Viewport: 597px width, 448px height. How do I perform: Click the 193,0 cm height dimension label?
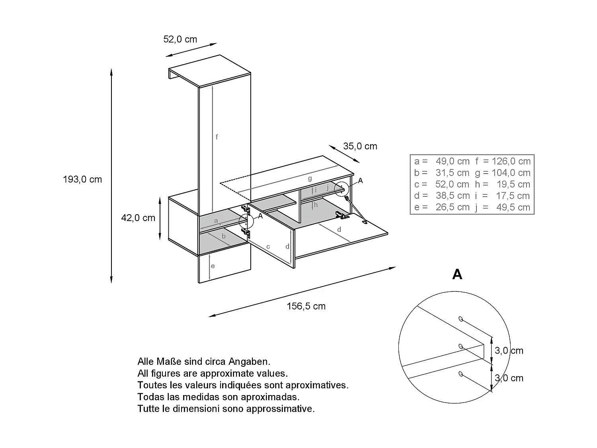pyautogui.click(x=82, y=180)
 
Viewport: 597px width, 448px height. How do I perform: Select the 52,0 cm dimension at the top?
pyautogui.click(x=180, y=39)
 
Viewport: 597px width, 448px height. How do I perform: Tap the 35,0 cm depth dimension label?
pyautogui.click(x=360, y=146)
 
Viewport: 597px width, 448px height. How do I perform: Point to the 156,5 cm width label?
pyautogui.click(x=306, y=306)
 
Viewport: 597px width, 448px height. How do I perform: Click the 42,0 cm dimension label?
pyautogui.click(x=138, y=218)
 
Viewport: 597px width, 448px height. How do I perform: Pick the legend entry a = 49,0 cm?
pyautogui.click(x=442, y=161)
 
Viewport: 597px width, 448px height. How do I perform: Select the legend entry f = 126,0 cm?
pyautogui.click(x=503, y=161)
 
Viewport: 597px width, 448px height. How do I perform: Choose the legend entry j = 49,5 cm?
pyautogui.click(x=503, y=207)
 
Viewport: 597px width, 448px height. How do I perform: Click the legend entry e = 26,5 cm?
pyautogui.click(x=442, y=207)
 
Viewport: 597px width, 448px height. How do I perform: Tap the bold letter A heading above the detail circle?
pyautogui.click(x=457, y=274)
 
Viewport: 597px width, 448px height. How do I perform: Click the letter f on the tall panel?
pyautogui.click(x=217, y=137)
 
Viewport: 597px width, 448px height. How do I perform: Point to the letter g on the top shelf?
pyautogui.click(x=310, y=178)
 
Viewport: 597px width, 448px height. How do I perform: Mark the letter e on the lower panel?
pyautogui.click(x=213, y=266)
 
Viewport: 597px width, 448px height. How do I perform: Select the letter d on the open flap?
pyautogui.click(x=339, y=229)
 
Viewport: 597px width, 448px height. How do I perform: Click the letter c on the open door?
pyautogui.click(x=268, y=247)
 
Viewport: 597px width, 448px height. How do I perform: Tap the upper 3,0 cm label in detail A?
pyautogui.click(x=509, y=351)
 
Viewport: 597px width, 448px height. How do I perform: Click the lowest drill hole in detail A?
pyautogui.click(x=460, y=374)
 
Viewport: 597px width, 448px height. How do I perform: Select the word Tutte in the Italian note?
pyautogui.click(x=148, y=409)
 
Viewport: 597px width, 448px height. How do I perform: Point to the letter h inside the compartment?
pyautogui.click(x=316, y=205)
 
